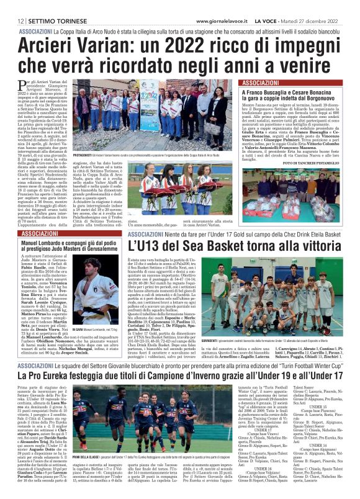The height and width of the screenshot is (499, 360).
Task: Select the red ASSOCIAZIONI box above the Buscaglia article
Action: click(x=261, y=83)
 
